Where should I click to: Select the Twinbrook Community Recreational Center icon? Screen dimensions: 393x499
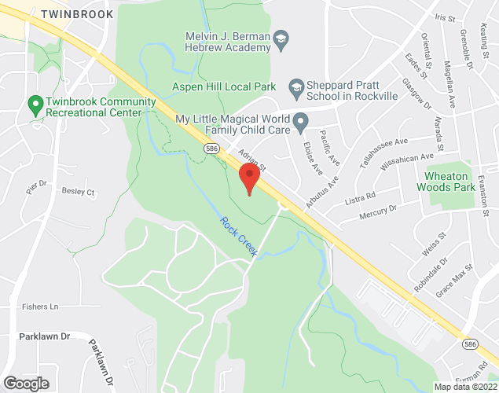34,103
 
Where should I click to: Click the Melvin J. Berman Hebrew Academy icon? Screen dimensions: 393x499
280,39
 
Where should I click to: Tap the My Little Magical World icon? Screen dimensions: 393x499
299,123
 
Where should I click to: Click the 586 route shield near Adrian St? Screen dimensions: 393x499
211,148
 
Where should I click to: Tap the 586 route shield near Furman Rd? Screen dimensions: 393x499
469,344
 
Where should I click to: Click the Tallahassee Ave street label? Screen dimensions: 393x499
379,149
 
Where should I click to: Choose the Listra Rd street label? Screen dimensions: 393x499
361,196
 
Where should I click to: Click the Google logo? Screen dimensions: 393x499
25,383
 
